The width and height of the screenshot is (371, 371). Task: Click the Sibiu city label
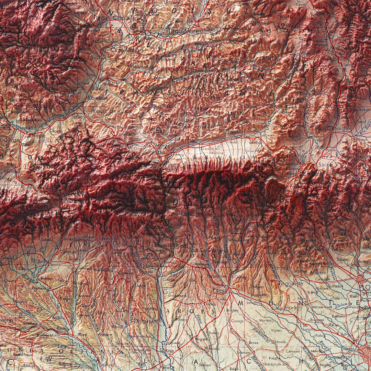158,131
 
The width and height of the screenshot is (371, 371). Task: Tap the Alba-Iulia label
98,98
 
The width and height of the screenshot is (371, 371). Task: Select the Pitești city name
220,291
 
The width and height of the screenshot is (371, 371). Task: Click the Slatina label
167,351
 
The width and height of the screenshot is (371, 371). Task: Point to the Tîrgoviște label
291,284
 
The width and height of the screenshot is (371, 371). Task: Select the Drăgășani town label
146,322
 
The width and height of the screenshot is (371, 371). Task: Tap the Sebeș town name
79,117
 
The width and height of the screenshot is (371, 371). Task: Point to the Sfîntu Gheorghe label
332,128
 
